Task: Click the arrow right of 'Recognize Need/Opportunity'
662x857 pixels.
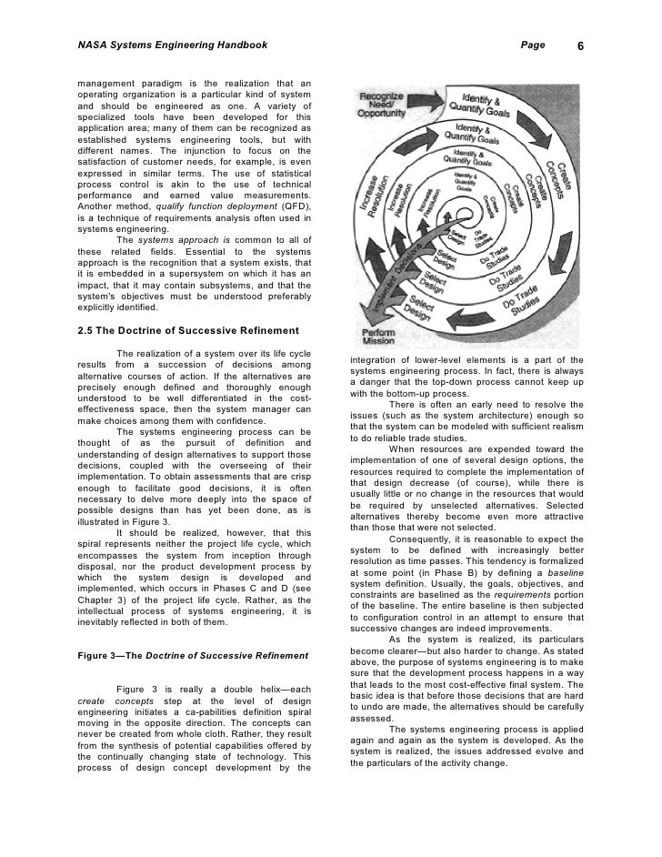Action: [436, 93]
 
